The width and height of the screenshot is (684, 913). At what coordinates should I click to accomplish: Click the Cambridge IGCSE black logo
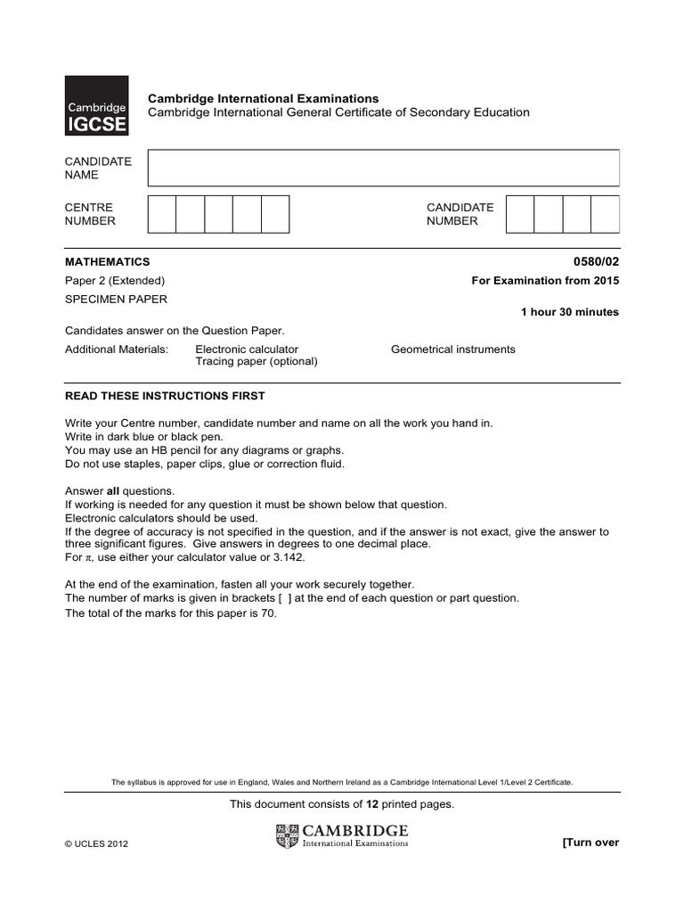click(x=96, y=106)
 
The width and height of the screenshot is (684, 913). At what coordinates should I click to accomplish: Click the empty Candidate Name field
click(x=383, y=168)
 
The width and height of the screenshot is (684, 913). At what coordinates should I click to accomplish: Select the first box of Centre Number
click(x=161, y=214)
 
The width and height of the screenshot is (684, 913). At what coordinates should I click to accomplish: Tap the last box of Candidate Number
click(x=605, y=214)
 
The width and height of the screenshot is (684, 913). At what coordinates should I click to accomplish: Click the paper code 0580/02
click(x=597, y=262)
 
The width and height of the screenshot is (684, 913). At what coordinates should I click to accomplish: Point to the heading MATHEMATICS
click(x=108, y=262)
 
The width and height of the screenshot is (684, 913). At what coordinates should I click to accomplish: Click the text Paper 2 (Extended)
click(x=115, y=281)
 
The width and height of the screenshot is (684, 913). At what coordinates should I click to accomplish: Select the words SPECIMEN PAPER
click(x=116, y=300)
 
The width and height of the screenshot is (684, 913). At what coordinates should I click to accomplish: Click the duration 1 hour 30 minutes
click(x=569, y=312)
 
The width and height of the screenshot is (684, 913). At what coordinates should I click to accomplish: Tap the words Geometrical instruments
click(x=452, y=350)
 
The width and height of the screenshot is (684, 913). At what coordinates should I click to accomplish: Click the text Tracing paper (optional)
click(x=256, y=362)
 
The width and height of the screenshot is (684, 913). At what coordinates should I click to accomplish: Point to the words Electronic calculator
click(x=247, y=350)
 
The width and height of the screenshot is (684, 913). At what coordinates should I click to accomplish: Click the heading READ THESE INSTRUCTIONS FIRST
click(x=165, y=396)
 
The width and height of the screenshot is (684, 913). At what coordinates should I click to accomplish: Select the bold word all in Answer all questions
click(x=113, y=491)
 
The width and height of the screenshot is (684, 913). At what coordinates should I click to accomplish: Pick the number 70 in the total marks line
click(x=270, y=613)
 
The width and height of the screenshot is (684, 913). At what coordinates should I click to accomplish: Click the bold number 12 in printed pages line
click(x=361, y=804)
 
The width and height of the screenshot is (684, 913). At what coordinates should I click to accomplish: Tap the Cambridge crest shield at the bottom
click(x=289, y=836)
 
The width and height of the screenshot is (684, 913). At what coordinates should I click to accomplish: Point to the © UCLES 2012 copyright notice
click(x=97, y=844)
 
